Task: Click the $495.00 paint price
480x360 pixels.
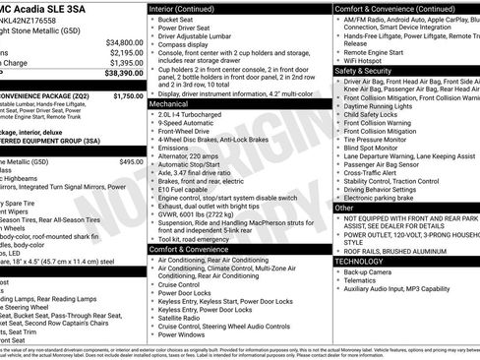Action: (131, 160)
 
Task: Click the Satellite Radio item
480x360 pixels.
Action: (181, 317)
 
